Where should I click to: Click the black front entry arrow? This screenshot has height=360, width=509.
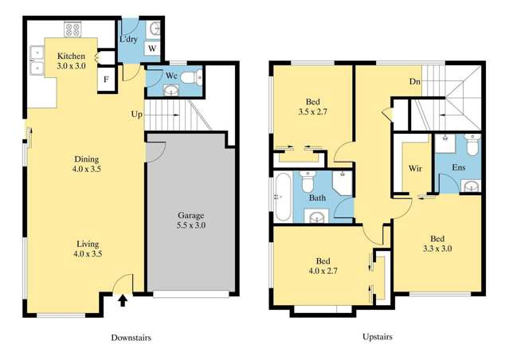[x=122, y=300]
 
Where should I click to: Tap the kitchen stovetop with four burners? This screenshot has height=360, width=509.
[x=72, y=29]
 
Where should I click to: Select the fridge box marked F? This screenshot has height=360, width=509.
[x=106, y=80]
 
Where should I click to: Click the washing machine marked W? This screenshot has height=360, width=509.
[x=152, y=49]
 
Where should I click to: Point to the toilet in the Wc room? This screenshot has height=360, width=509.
[x=191, y=78]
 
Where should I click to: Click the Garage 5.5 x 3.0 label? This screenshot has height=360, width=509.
[x=191, y=220]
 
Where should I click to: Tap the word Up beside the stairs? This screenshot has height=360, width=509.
[x=137, y=114]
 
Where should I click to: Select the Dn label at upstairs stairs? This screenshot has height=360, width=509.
[x=414, y=81]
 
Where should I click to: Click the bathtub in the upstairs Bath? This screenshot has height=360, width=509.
[x=283, y=197]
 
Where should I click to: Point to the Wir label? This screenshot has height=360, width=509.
[x=415, y=169]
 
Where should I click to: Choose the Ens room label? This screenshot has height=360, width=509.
[x=459, y=167]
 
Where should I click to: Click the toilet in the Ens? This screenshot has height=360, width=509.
[x=472, y=144]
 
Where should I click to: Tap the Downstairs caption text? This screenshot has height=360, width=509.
[x=131, y=338]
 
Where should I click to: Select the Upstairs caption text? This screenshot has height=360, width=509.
[x=378, y=337]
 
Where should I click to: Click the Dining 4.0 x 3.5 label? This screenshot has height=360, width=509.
[x=87, y=164]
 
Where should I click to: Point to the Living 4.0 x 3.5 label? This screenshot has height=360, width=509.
[x=88, y=248]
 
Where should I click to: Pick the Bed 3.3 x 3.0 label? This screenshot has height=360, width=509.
[x=437, y=244]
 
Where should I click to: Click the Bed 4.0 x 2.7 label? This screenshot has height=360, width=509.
[x=323, y=265]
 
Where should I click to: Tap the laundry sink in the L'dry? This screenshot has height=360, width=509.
[x=155, y=29]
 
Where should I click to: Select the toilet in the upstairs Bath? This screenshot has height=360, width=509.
[x=307, y=181]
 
